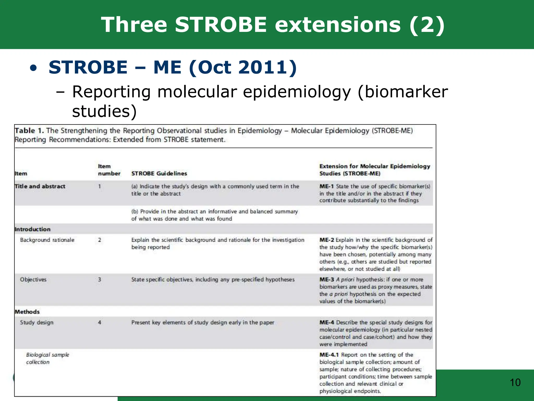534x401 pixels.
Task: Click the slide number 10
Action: point(515,382)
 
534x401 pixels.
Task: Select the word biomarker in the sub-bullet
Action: point(403,92)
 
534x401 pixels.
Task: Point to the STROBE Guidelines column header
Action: point(159,173)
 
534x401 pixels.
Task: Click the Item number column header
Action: point(109,170)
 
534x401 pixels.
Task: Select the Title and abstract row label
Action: point(40,186)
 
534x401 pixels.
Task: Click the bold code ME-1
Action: point(326,186)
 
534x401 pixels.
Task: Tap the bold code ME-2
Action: point(326,240)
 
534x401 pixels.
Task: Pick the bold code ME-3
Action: point(326,280)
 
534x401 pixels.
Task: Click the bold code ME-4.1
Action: point(329,355)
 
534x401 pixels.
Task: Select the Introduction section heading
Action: point(33,229)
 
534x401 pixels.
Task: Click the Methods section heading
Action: point(27,312)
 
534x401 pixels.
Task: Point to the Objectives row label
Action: point(33,280)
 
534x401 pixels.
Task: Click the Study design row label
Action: point(37,322)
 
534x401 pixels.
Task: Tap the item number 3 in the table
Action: point(100,280)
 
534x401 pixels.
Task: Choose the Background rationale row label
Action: point(47,240)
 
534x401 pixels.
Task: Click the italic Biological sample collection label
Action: point(47,358)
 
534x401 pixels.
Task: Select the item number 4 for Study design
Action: point(100,322)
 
